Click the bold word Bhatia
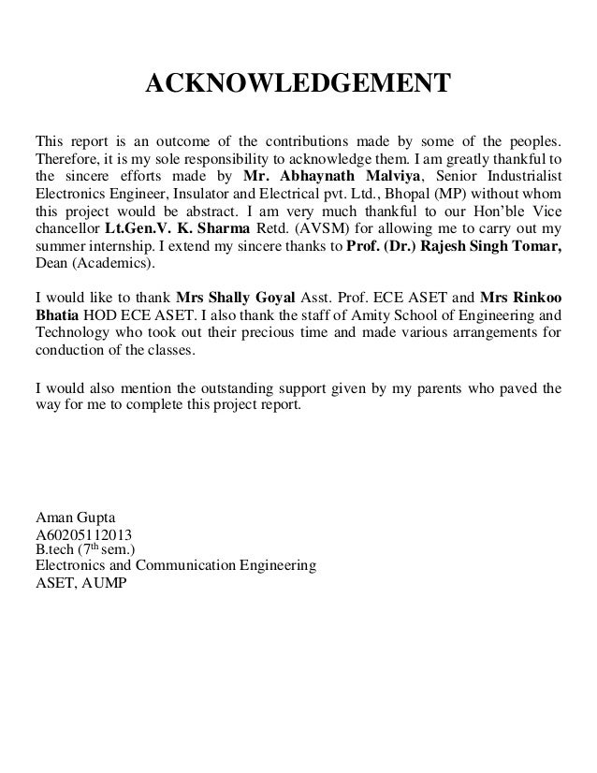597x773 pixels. tap(57, 318)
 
